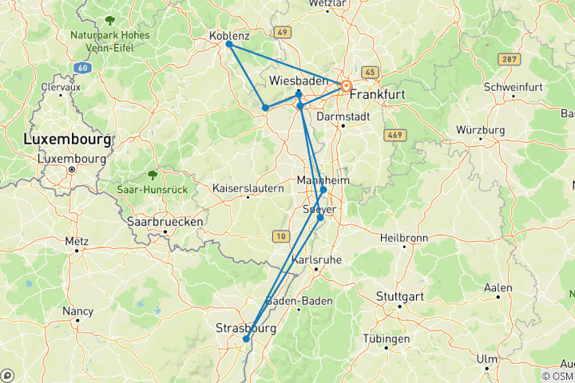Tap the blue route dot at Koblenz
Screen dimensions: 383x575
229,44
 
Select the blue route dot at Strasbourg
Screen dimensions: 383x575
246,339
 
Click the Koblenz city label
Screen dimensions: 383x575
229,36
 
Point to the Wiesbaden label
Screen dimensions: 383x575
299,81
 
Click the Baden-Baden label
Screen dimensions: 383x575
298,301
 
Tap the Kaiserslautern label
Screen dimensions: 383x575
248,188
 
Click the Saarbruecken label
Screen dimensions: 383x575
165,221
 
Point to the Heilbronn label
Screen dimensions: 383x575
404,238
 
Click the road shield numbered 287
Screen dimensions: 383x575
508,59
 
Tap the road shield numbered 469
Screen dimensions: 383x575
394,134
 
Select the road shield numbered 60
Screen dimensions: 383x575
82,68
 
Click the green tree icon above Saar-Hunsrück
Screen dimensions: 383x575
152,174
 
